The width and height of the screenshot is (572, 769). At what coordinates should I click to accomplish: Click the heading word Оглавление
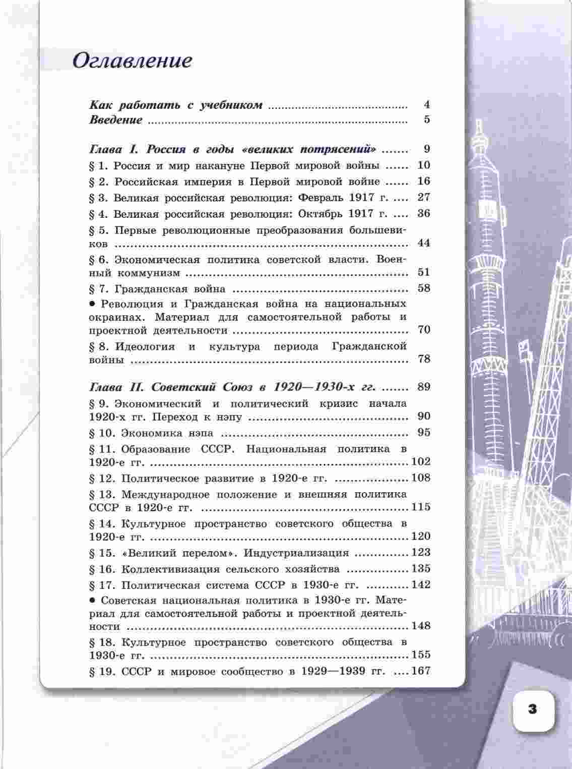coord(133,61)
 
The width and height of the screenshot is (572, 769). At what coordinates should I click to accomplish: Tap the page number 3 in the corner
coord(533,709)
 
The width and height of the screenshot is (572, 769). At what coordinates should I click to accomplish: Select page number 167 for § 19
coord(421,671)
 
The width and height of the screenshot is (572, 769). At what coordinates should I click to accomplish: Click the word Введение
coord(116,120)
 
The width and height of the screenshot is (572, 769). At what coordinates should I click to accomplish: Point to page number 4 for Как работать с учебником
coord(426,105)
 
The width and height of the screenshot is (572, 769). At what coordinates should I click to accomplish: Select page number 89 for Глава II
coord(424,387)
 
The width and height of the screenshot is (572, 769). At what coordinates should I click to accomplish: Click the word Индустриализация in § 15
coord(296,553)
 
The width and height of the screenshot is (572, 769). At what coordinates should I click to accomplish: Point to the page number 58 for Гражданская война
coord(424,288)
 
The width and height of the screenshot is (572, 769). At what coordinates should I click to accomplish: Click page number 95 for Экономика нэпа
coord(424,433)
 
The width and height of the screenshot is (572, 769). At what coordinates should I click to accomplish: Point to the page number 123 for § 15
coord(421,553)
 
